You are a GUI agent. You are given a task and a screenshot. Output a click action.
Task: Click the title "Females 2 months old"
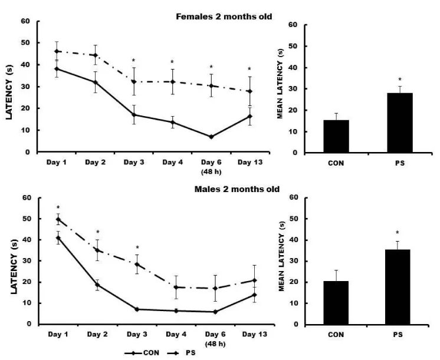click(x=224, y=16)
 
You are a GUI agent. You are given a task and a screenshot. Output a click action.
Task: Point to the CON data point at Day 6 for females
click(x=211, y=137)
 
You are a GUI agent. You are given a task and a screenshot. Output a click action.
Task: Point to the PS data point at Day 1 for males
click(x=58, y=219)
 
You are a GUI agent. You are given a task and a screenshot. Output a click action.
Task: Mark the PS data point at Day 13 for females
click(x=249, y=91)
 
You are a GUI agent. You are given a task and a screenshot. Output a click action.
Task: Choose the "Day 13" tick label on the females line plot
click(x=249, y=161)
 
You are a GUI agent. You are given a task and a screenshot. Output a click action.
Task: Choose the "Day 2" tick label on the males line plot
click(x=97, y=334)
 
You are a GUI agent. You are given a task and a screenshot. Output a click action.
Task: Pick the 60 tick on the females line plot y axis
click(x=25, y=22)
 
